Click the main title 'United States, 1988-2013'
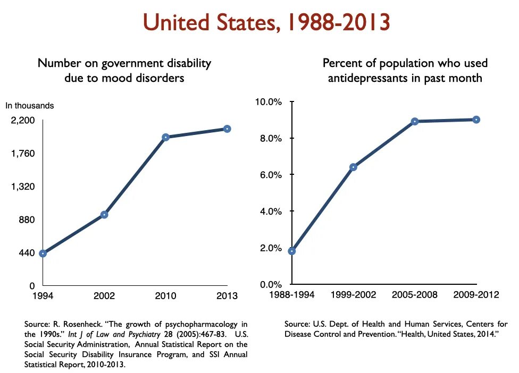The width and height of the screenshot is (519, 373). (x=267, y=22)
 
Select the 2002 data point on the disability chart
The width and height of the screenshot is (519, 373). (x=104, y=215)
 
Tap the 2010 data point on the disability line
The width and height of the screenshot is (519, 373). (x=165, y=137)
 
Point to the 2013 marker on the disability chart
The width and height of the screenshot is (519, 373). (x=227, y=129)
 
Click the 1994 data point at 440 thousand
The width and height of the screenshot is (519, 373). (x=43, y=253)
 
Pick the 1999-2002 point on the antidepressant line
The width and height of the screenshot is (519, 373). (x=353, y=167)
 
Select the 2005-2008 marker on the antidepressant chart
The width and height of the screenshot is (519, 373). (x=415, y=121)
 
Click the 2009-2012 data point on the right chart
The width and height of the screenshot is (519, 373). (x=476, y=120)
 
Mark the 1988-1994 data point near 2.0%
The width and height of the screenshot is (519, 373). (x=292, y=251)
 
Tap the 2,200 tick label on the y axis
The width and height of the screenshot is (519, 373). (x=23, y=121)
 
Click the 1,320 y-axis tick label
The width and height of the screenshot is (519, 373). (x=23, y=187)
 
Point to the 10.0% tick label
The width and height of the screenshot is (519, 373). (x=269, y=101)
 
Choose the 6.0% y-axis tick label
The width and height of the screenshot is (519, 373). (x=271, y=175)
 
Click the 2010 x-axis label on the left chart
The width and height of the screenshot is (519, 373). (x=165, y=296)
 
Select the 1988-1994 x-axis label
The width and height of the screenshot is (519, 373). (x=292, y=295)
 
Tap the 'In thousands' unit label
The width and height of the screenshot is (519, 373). (x=30, y=106)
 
